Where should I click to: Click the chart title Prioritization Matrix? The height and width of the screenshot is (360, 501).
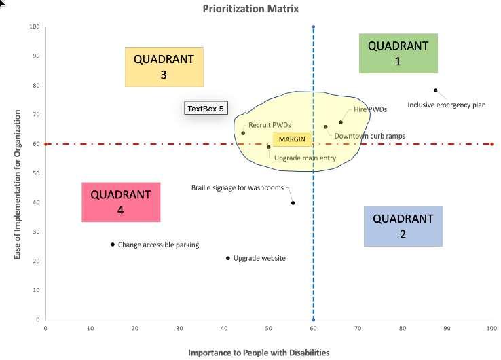tap(250, 9)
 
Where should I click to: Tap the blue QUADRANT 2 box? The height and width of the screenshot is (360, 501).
tap(403, 226)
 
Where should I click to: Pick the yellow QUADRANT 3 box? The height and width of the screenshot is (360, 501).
tap(164, 67)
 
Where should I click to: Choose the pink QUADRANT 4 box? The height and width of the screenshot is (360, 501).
tap(120, 202)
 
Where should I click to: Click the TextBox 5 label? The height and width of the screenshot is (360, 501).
tap(205, 108)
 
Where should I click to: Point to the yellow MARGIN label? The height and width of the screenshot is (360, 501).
tap(293, 139)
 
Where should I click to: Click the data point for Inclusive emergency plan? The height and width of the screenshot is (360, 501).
tap(436, 90)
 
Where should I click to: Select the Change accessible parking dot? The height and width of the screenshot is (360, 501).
tap(113, 245)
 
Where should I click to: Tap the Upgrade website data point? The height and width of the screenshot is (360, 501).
tap(228, 258)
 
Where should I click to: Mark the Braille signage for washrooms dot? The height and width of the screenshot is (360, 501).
tap(293, 203)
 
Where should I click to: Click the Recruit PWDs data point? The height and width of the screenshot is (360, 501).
tap(243, 133)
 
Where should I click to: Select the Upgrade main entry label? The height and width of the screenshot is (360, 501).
tap(305, 158)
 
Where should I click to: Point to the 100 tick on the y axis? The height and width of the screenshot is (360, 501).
tap(34, 27)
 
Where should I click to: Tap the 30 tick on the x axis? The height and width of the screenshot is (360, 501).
tap(179, 329)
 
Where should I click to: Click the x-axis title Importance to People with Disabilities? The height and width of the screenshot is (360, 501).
tap(259, 353)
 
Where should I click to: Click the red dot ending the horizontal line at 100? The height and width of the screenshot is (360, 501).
tap(491, 144)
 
